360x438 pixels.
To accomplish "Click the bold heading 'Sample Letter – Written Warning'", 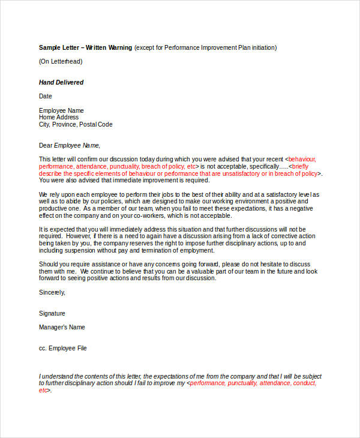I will [x=85, y=47].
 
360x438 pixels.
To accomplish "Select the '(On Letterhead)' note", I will [x=61, y=61].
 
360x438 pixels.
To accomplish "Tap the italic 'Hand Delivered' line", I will [x=61, y=82].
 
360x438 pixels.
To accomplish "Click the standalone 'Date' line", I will [x=46, y=96].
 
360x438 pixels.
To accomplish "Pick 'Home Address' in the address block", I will [x=59, y=118].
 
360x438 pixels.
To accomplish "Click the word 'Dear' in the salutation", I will [x=46, y=145].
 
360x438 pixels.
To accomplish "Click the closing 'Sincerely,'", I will [x=52, y=292].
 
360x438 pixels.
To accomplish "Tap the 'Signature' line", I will [x=52, y=313].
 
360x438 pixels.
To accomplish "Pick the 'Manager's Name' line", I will [x=62, y=328].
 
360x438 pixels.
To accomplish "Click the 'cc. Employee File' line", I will [x=63, y=348].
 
